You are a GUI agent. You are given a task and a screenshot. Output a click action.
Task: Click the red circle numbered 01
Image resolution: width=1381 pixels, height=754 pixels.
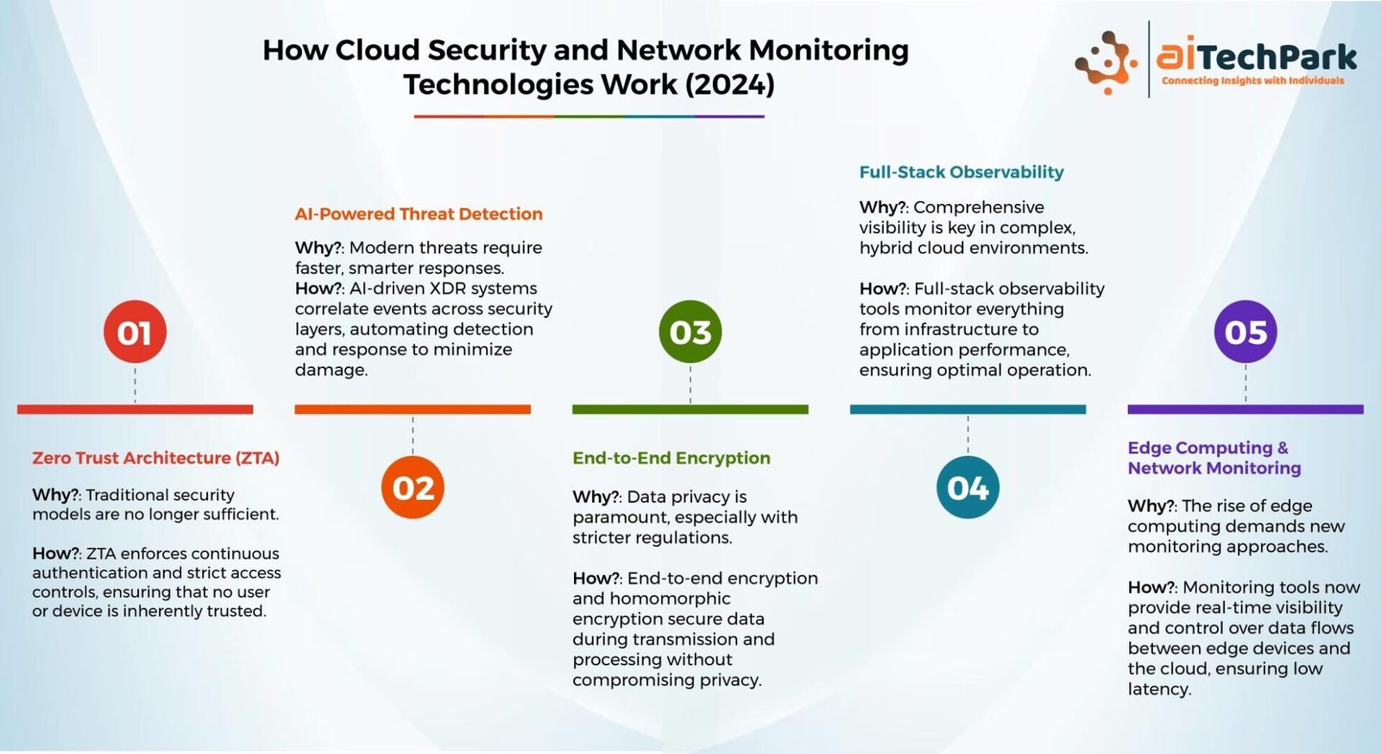[x=135, y=332]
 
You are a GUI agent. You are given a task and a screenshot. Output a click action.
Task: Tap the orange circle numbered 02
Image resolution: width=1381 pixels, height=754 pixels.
[x=413, y=487]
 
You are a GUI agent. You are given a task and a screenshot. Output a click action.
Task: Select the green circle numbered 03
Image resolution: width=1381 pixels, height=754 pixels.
[x=690, y=332]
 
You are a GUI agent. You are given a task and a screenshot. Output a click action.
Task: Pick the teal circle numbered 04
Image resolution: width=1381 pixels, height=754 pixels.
[x=968, y=487]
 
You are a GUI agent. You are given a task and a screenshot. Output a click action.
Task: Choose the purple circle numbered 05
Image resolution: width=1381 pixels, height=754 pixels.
[x=1245, y=332]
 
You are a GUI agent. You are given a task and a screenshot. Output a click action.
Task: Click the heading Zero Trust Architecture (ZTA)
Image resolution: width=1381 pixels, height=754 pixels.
[x=156, y=459]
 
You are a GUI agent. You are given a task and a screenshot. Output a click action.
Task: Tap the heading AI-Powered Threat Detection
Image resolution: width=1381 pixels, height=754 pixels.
[x=419, y=214]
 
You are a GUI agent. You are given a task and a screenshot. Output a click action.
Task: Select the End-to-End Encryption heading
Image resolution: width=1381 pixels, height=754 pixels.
[x=672, y=459]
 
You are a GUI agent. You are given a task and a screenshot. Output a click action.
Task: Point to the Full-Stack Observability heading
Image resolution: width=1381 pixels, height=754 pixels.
[x=962, y=172]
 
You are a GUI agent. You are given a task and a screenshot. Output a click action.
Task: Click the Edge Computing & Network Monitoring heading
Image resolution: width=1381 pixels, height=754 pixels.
[x=1214, y=458]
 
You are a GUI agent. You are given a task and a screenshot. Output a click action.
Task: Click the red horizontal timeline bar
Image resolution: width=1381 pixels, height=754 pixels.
[x=135, y=409]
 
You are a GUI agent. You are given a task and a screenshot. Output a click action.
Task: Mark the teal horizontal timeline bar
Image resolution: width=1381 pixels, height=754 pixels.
[x=968, y=409]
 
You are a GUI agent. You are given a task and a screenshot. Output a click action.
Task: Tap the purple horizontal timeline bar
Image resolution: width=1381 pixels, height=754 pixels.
[x=1245, y=409]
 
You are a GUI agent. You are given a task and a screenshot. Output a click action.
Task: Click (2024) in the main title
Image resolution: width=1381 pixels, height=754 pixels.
[x=730, y=85]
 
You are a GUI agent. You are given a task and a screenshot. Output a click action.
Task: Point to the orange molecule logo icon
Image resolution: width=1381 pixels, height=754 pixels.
[x=1107, y=62]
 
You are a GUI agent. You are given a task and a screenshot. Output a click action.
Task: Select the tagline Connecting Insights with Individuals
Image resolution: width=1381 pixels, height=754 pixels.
[x=1252, y=81]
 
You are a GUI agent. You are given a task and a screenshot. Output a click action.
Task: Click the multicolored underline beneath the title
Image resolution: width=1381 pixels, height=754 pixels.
[x=589, y=116]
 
